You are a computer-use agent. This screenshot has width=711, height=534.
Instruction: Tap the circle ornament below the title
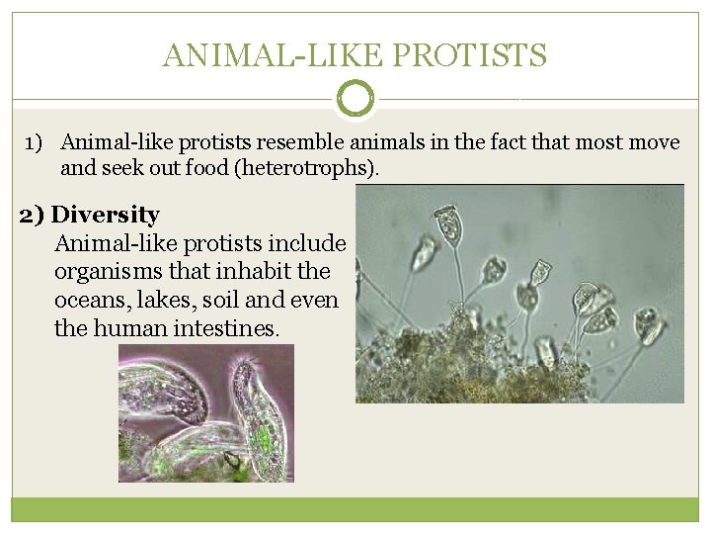(x=355, y=99)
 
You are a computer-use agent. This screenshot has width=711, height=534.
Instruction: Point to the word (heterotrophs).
(x=314, y=168)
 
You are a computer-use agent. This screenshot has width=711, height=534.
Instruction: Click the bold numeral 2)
(x=33, y=215)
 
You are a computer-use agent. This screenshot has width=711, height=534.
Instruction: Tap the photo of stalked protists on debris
(x=519, y=294)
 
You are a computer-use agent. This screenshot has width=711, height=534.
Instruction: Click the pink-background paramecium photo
(x=205, y=412)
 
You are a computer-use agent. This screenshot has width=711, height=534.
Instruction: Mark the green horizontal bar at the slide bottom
(x=355, y=508)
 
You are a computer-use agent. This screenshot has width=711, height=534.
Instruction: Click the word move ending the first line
(x=655, y=143)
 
